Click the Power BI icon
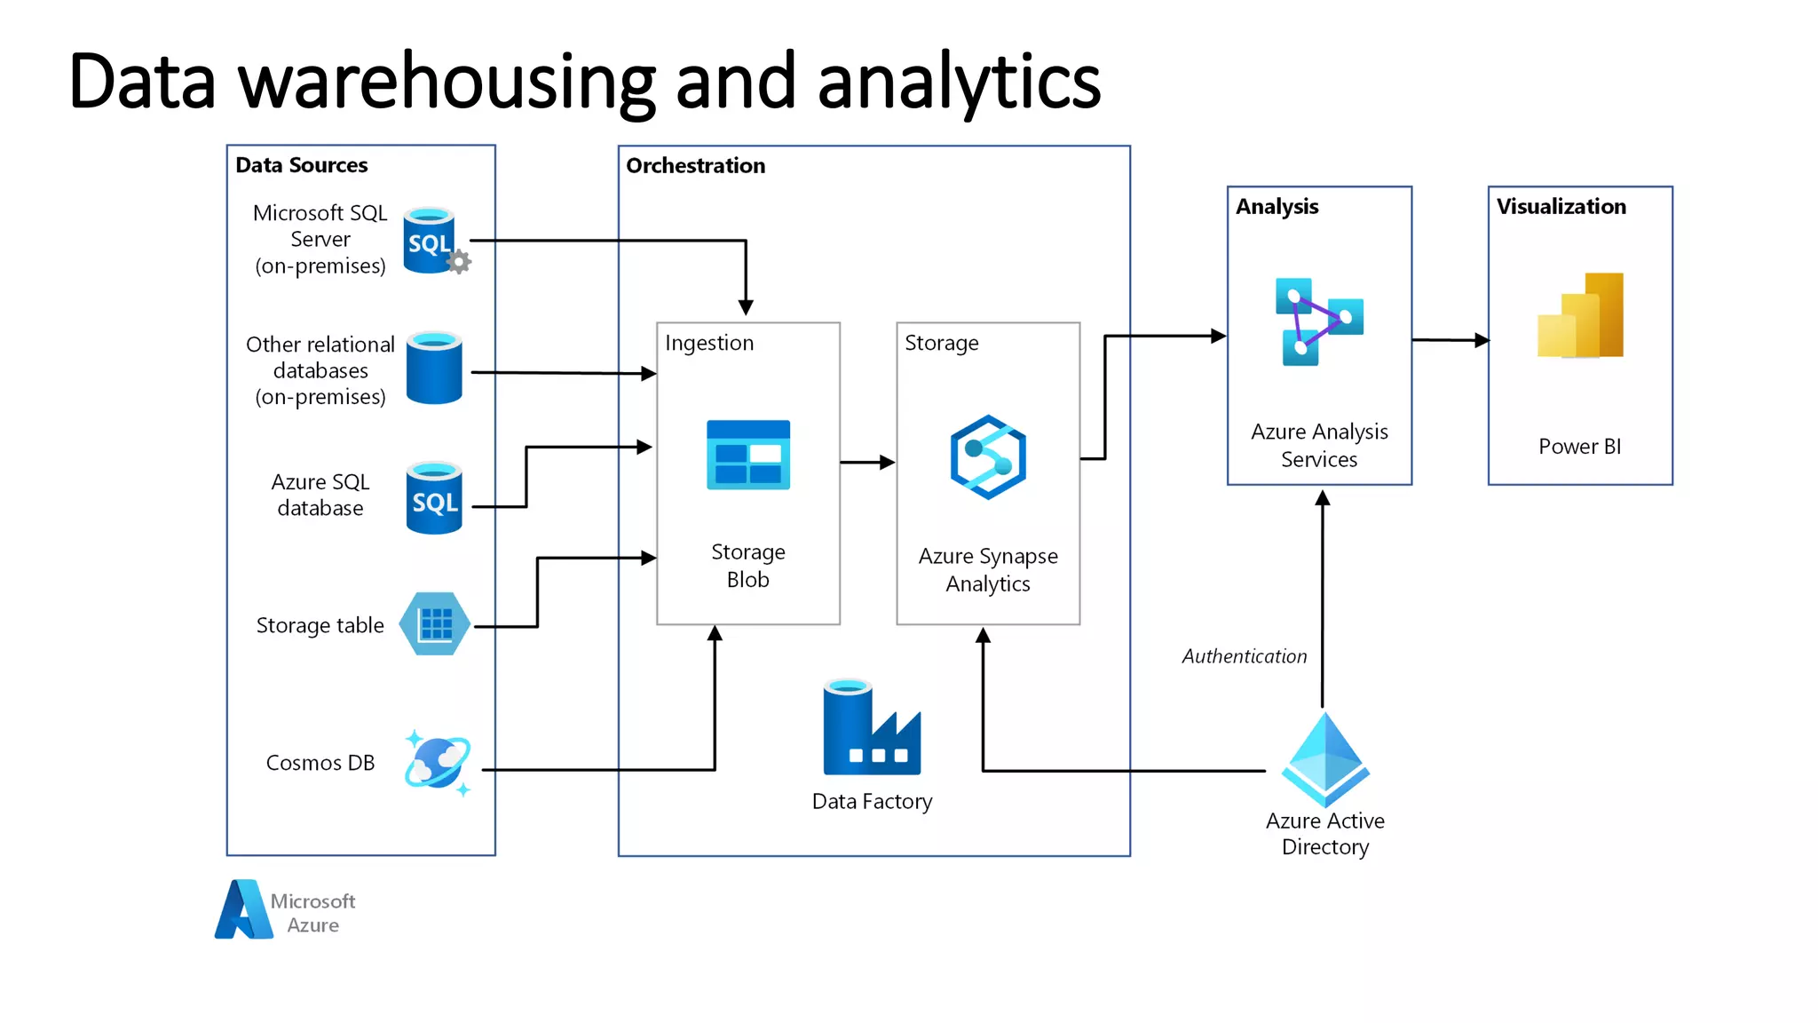click(x=1580, y=316)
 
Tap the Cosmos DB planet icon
click(x=437, y=763)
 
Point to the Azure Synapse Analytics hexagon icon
click(x=988, y=457)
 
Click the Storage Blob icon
click(x=747, y=455)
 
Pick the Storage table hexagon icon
click(x=434, y=624)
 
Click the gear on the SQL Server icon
click(x=459, y=262)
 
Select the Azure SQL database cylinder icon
click(x=434, y=498)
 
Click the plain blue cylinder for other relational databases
click(x=434, y=369)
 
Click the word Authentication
click(x=1244, y=656)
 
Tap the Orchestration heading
click(x=695, y=166)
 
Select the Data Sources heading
click(x=301, y=165)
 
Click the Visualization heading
click(x=1561, y=207)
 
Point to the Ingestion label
click(x=708, y=343)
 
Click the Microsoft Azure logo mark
click(x=243, y=910)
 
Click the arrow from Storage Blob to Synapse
click(x=866, y=463)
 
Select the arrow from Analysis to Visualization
click(x=1450, y=340)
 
